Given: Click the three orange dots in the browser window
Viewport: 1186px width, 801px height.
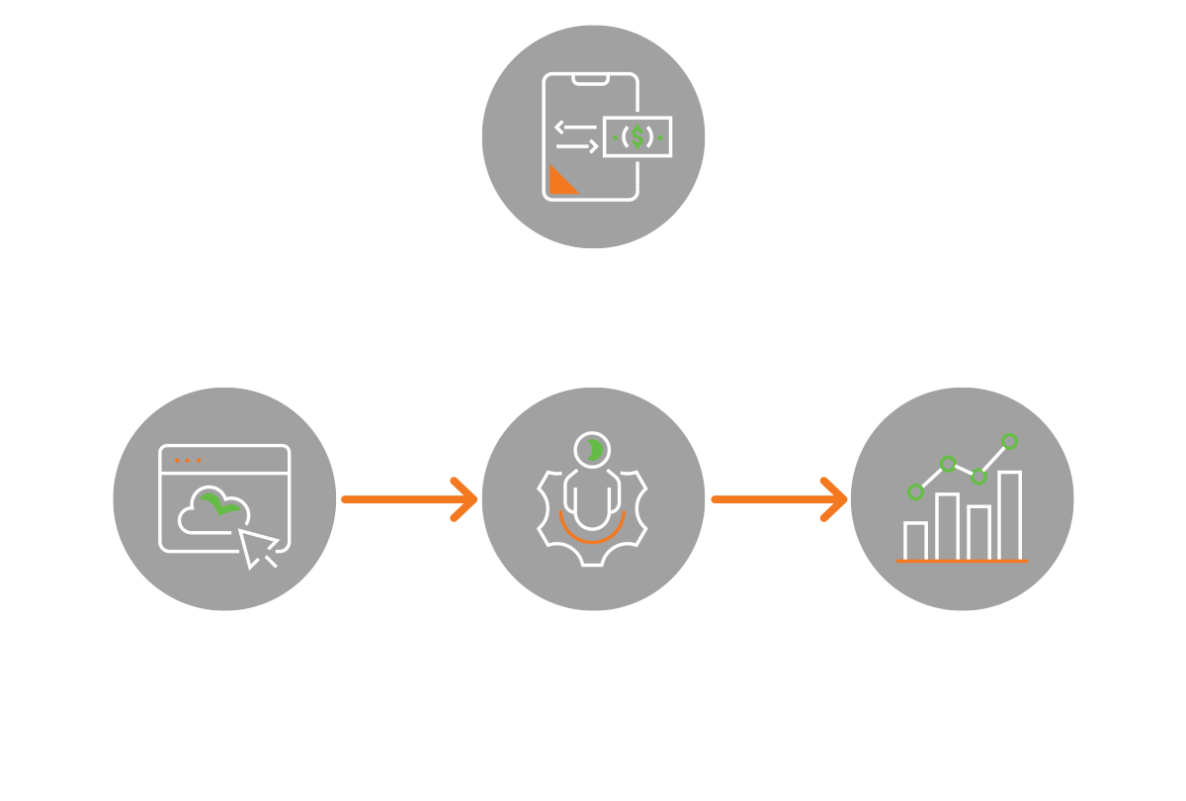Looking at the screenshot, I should pyautogui.click(x=187, y=461).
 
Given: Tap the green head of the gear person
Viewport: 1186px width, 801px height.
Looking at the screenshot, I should pyautogui.click(x=592, y=450).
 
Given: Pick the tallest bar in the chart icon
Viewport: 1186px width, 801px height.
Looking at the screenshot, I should pyautogui.click(x=1009, y=515).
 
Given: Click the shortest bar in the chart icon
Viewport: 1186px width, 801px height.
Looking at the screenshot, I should pyautogui.click(x=915, y=541).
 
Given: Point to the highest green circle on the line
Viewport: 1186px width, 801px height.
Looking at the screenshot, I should pyautogui.click(x=1009, y=441).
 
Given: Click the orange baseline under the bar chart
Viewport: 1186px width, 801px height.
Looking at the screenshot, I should pyautogui.click(x=962, y=561).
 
